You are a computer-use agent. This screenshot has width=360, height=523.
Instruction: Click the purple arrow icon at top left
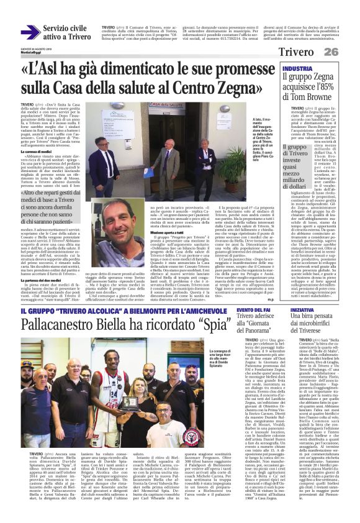coord(30,33)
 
